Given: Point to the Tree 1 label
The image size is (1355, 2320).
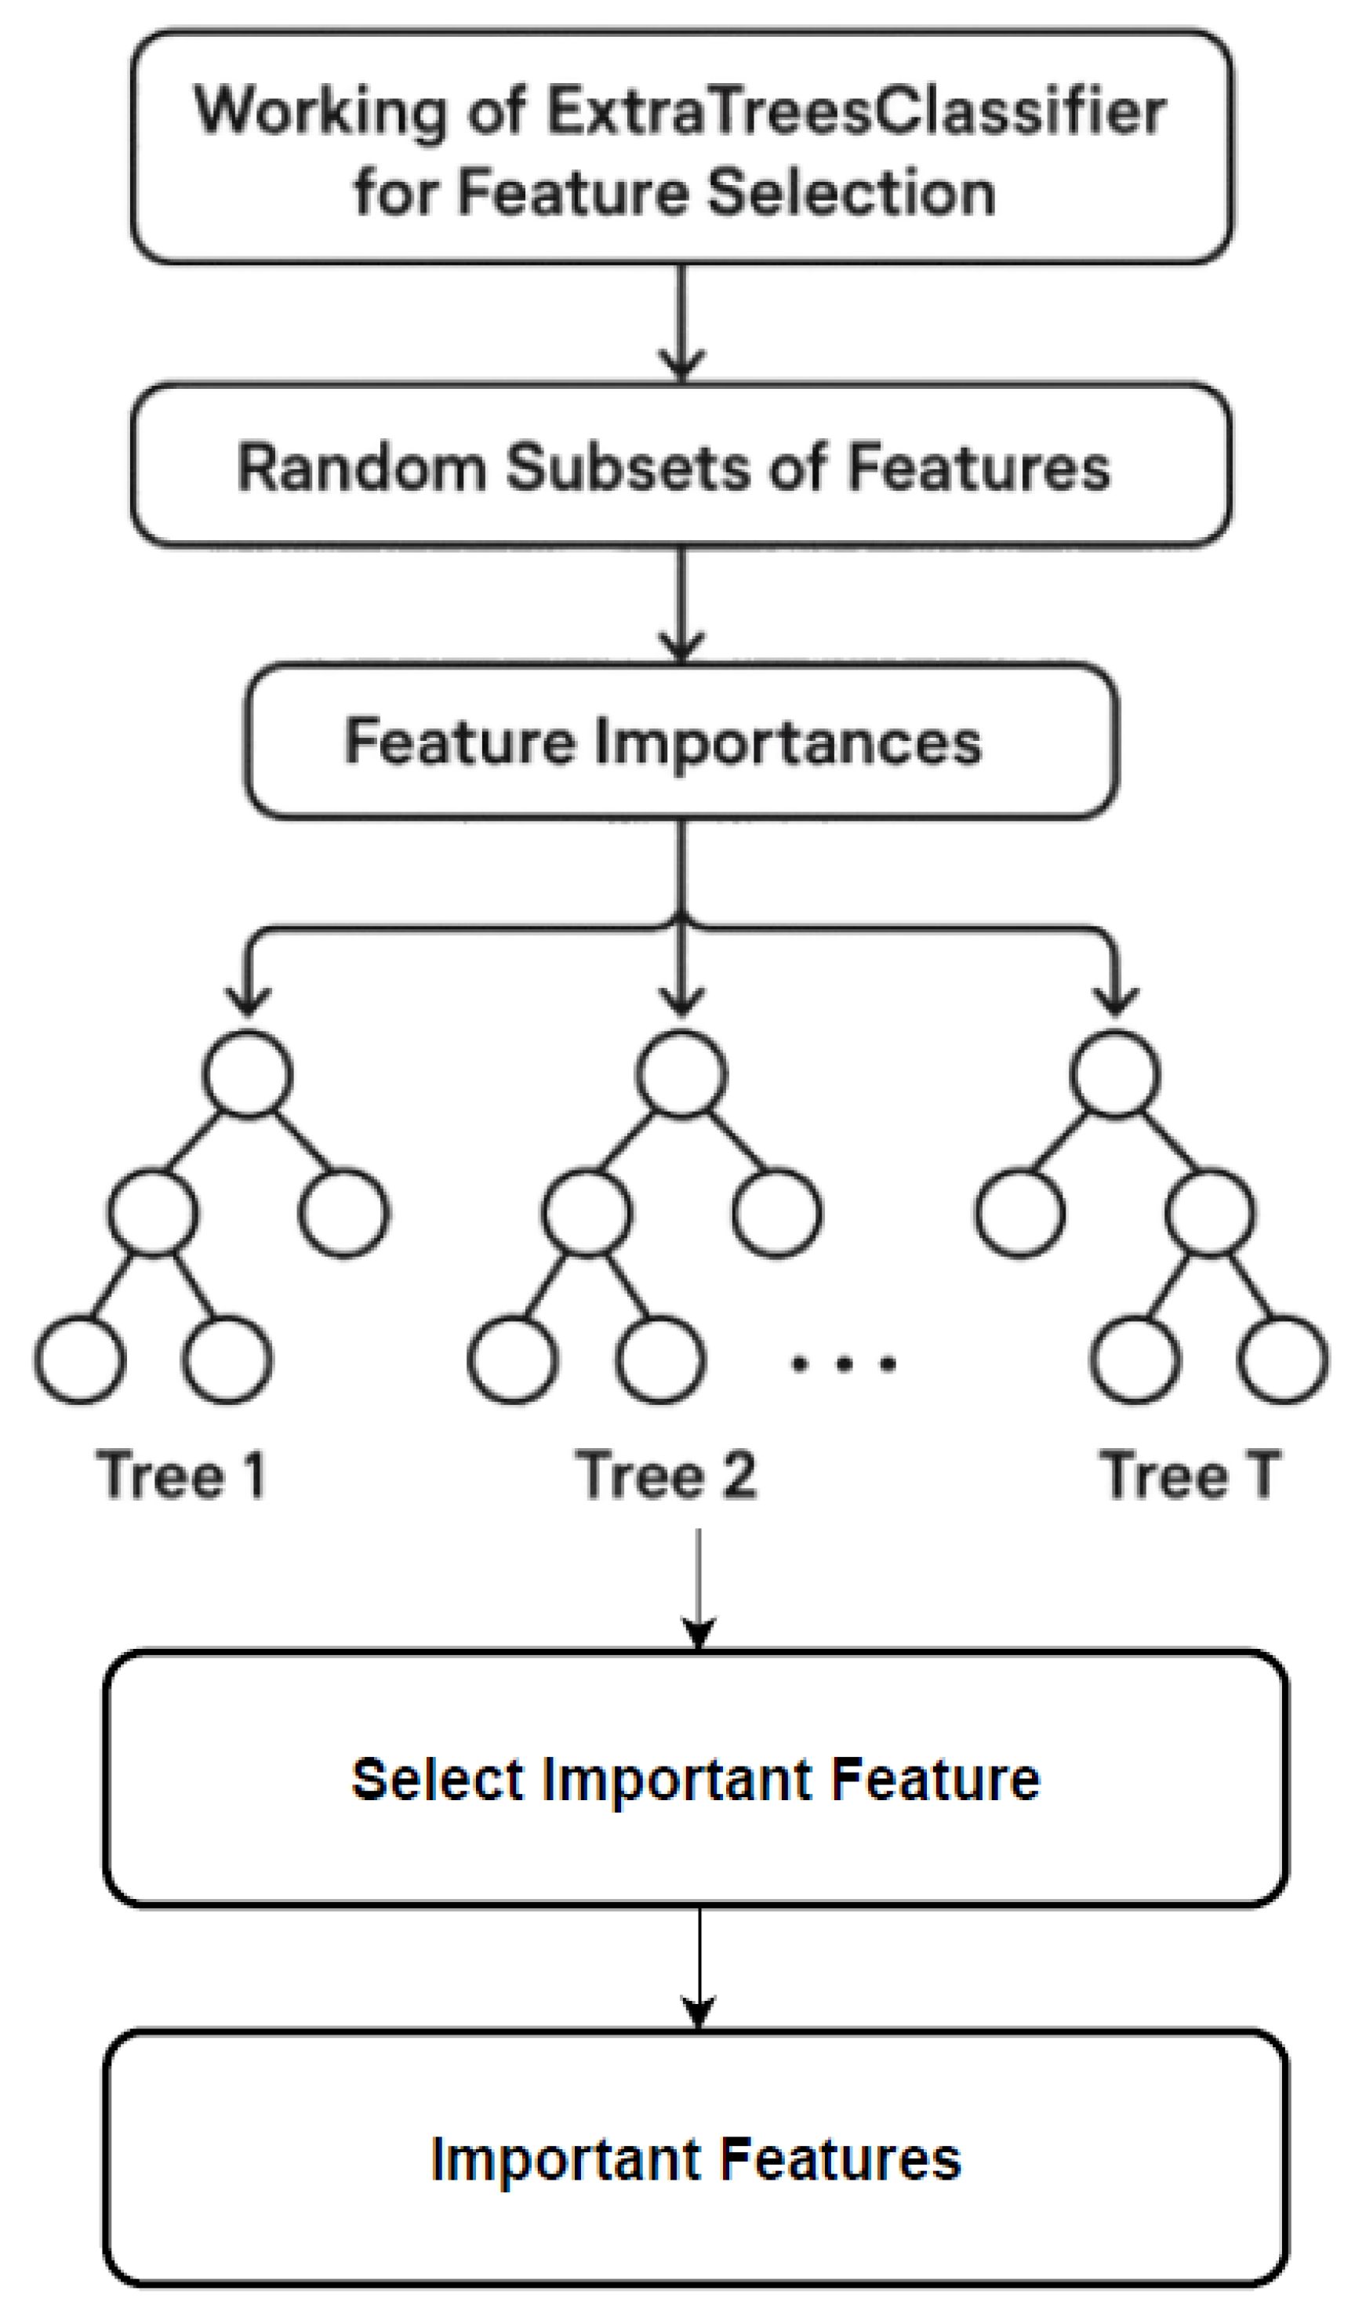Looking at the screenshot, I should [181, 1475].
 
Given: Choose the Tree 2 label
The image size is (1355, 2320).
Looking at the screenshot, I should [666, 1475].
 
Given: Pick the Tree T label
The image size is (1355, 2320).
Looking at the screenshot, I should [1190, 1475].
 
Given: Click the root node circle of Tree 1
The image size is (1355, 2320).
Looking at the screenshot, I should [248, 1074].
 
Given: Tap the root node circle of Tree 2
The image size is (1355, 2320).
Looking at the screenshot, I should [681, 1074].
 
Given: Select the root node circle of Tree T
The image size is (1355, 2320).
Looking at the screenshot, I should [1115, 1074].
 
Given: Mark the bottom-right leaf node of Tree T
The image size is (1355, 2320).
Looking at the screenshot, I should [1283, 1360].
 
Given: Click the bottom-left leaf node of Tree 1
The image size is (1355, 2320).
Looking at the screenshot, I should [80, 1360].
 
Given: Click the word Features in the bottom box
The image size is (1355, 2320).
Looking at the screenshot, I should [841, 2160].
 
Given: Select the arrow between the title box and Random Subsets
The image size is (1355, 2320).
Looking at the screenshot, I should [681, 322].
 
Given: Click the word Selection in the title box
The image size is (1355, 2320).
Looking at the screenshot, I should [852, 194].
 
